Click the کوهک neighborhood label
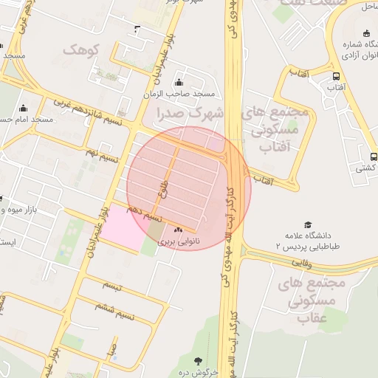[80, 49]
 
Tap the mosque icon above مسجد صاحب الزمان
[179, 82]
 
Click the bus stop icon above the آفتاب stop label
[337, 76]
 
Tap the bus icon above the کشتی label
[374, 157]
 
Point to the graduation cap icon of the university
[308, 224]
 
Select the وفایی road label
[300, 261]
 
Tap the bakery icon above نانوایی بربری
[177, 230]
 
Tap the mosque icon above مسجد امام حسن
[24, 108]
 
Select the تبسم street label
[111, 284]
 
